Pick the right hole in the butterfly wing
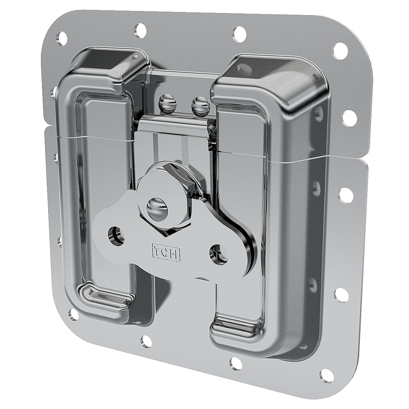[x=218, y=253]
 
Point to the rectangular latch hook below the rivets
[x=174, y=136]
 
